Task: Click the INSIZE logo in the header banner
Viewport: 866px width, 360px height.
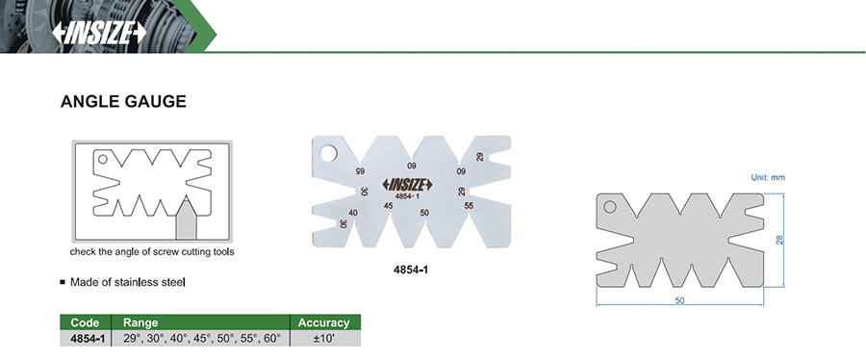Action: point(99,33)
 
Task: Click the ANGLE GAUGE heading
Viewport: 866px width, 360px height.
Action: point(123,102)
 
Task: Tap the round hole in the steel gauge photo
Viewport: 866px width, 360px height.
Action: point(329,153)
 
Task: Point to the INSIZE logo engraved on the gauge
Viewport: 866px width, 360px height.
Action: point(408,185)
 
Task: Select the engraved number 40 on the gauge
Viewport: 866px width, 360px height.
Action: point(353,213)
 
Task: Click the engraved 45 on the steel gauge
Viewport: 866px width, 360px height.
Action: point(389,205)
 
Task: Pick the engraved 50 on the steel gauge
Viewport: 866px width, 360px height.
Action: point(424,213)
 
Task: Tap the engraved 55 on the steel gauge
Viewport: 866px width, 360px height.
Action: point(469,205)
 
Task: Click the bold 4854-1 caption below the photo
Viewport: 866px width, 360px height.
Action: point(411,270)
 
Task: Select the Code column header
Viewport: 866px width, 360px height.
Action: point(85,322)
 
